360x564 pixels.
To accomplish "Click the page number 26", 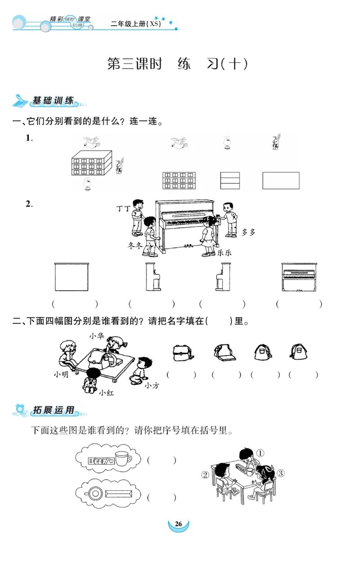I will [178, 524].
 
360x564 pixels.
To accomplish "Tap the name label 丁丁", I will [123, 208].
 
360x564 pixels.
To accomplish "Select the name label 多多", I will [248, 232].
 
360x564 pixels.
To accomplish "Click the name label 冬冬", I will [135, 245].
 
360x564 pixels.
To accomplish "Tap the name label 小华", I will [96, 336].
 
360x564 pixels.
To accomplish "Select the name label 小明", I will [61, 374].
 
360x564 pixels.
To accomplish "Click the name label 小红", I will [107, 393].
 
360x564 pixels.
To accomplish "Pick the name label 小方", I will [152, 385].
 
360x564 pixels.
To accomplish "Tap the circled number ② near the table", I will [205, 475].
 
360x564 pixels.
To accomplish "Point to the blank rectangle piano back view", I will [72, 277].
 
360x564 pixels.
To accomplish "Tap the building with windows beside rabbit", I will [91, 163].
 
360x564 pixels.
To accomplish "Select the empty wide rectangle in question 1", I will [281, 180].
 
